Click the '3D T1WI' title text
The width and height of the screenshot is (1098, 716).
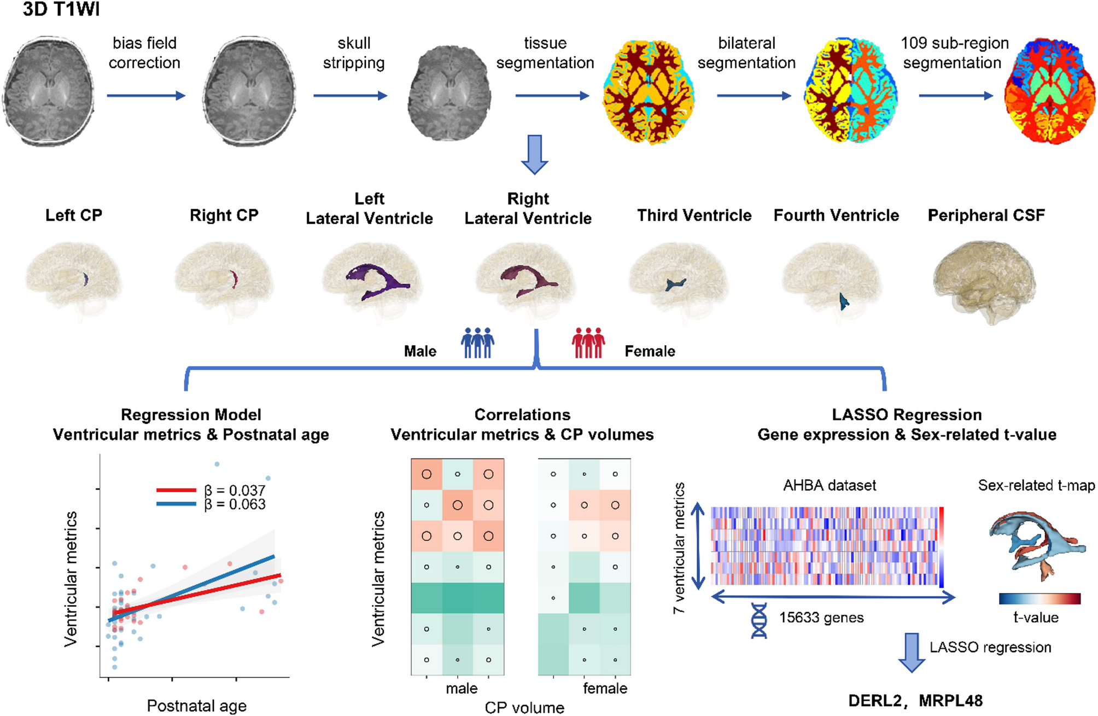(61, 9)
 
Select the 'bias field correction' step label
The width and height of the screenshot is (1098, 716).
(144, 53)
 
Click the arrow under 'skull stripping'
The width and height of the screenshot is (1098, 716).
(350, 96)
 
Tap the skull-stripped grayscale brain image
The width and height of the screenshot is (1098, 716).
(449, 93)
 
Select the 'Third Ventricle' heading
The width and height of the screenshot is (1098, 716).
(694, 216)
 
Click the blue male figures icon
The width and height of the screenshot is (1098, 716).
(477, 343)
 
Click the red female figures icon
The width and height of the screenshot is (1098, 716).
(588, 343)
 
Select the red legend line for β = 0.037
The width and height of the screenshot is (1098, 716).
(176, 490)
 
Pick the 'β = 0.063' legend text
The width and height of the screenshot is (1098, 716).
(235, 504)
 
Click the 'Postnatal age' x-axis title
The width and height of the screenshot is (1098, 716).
(196, 706)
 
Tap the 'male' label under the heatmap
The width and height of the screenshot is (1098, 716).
(461, 688)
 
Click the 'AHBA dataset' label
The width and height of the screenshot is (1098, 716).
(829, 485)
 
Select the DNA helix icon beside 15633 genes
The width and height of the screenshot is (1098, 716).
(758, 620)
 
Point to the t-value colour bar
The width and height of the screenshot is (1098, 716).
(1039, 598)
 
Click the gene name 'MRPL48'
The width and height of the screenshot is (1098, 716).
(950, 701)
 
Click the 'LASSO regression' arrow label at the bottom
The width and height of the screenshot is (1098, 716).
(990, 648)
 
